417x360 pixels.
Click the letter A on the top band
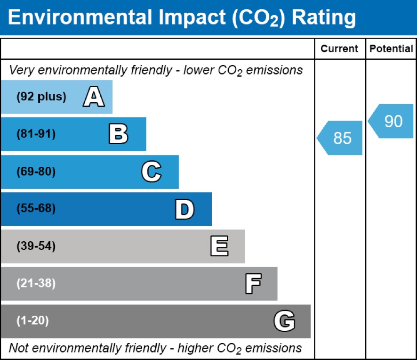pyautogui.click(x=94, y=98)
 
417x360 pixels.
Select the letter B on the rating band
pyautogui.click(x=118, y=134)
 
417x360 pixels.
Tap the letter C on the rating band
pyautogui.click(x=151, y=172)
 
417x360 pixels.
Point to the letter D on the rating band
pyautogui.click(x=184, y=209)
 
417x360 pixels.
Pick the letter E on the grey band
pyautogui.click(x=219, y=246)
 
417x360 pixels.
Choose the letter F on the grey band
pyautogui.click(x=253, y=284)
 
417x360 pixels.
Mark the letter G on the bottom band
pyautogui.click(x=284, y=321)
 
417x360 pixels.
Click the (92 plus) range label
pyautogui.click(x=41, y=97)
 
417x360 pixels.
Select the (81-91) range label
pyautogui.click(x=36, y=134)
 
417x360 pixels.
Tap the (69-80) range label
pyautogui.click(x=36, y=172)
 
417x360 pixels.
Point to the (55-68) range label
pyautogui.click(x=36, y=209)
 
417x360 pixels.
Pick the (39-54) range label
pyautogui.click(x=36, y=246)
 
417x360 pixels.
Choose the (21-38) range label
pyautogui.click(x=36, y=284)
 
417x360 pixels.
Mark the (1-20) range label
pyautogui.click(x=33, y=321)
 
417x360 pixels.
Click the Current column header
pyautogui.click(x=339, y=49)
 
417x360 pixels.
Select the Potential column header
pyautogui.click(x=391, y=49)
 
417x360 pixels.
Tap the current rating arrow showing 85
pyautogui.click(x=340, y=138)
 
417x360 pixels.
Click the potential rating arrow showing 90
pyautogui.click(x=391, y=122)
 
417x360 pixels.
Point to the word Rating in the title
pyautogui.click(x=324, y=17)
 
